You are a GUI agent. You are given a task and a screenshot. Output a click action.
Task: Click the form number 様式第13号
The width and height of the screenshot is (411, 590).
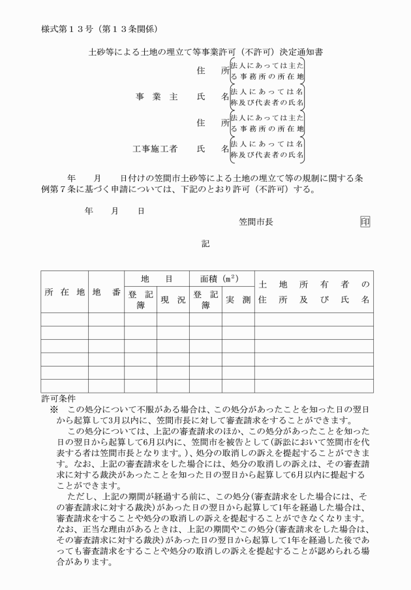[66, 29]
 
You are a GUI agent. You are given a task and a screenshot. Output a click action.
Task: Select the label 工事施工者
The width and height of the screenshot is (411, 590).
[155, 148]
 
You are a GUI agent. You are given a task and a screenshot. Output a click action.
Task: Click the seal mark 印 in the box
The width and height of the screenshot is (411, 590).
[365, 221]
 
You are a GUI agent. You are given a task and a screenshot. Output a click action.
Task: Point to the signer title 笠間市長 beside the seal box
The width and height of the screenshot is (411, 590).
[256, 221]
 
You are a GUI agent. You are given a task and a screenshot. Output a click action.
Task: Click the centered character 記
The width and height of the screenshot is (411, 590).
[205, 243]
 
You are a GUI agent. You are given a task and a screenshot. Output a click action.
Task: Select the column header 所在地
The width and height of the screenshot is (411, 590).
[64, 291]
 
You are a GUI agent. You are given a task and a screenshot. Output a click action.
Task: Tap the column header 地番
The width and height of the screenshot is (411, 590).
[106, 291]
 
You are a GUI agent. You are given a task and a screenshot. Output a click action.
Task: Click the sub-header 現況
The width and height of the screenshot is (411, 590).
[173, 299]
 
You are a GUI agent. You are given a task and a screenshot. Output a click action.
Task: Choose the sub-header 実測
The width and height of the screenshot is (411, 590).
[238, 299]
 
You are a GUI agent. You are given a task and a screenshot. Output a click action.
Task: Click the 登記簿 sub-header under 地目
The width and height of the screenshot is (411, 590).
[140, 299]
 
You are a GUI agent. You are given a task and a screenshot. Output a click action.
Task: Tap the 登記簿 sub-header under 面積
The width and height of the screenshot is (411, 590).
[205, 299]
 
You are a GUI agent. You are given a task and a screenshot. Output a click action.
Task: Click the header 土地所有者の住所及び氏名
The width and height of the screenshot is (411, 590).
[314, 291]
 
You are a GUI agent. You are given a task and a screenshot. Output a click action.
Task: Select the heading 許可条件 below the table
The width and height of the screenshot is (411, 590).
[59, 397]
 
